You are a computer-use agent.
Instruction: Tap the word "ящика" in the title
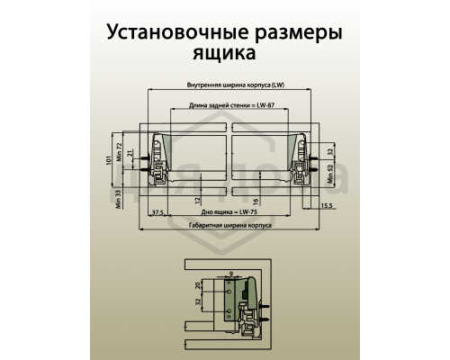224,54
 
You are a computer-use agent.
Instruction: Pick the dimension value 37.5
157,212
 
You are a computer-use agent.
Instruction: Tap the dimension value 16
256,200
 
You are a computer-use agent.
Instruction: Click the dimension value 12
197,199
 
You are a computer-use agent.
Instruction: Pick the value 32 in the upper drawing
331,154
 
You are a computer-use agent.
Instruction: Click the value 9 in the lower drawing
230,272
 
